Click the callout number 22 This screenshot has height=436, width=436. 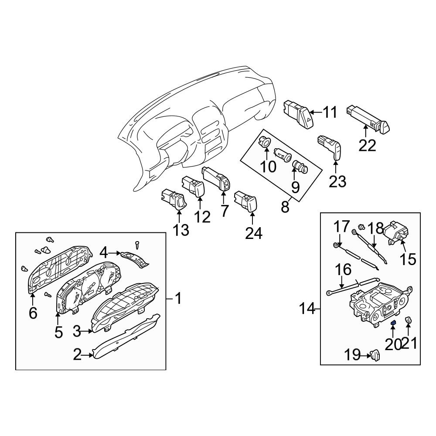tap(367, 145)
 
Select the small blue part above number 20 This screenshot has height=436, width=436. tap(393, 323)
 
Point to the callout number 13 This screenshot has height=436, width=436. tap(181, 230)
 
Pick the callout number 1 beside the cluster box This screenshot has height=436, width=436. tap(178, 298)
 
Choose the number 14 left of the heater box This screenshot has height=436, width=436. tap(307, 309)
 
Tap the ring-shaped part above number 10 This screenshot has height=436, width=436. tap(265, 143)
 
